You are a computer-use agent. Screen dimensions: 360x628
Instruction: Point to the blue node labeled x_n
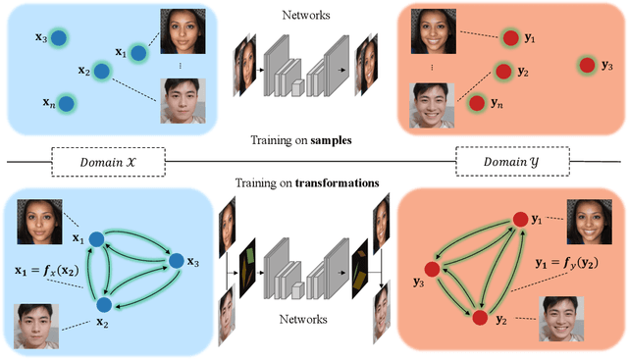pyautogui.click(x=65, y=102)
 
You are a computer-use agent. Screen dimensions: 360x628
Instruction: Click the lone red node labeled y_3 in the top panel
pyautogui.click(x=587, y=65)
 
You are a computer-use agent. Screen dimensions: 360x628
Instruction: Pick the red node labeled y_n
pyautogui.click(x=477, y=102)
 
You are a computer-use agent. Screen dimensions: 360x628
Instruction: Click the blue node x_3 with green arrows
pyautogui.click(x=177, y=261)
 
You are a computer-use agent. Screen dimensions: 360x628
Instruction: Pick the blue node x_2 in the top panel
pyautogui.click(x=111, y=72)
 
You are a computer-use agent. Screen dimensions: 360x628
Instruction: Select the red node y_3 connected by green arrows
pyautogui.click(x=430, y=269)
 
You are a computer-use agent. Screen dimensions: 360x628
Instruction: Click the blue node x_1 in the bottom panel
pyautogui.click(x=97, y=238)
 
